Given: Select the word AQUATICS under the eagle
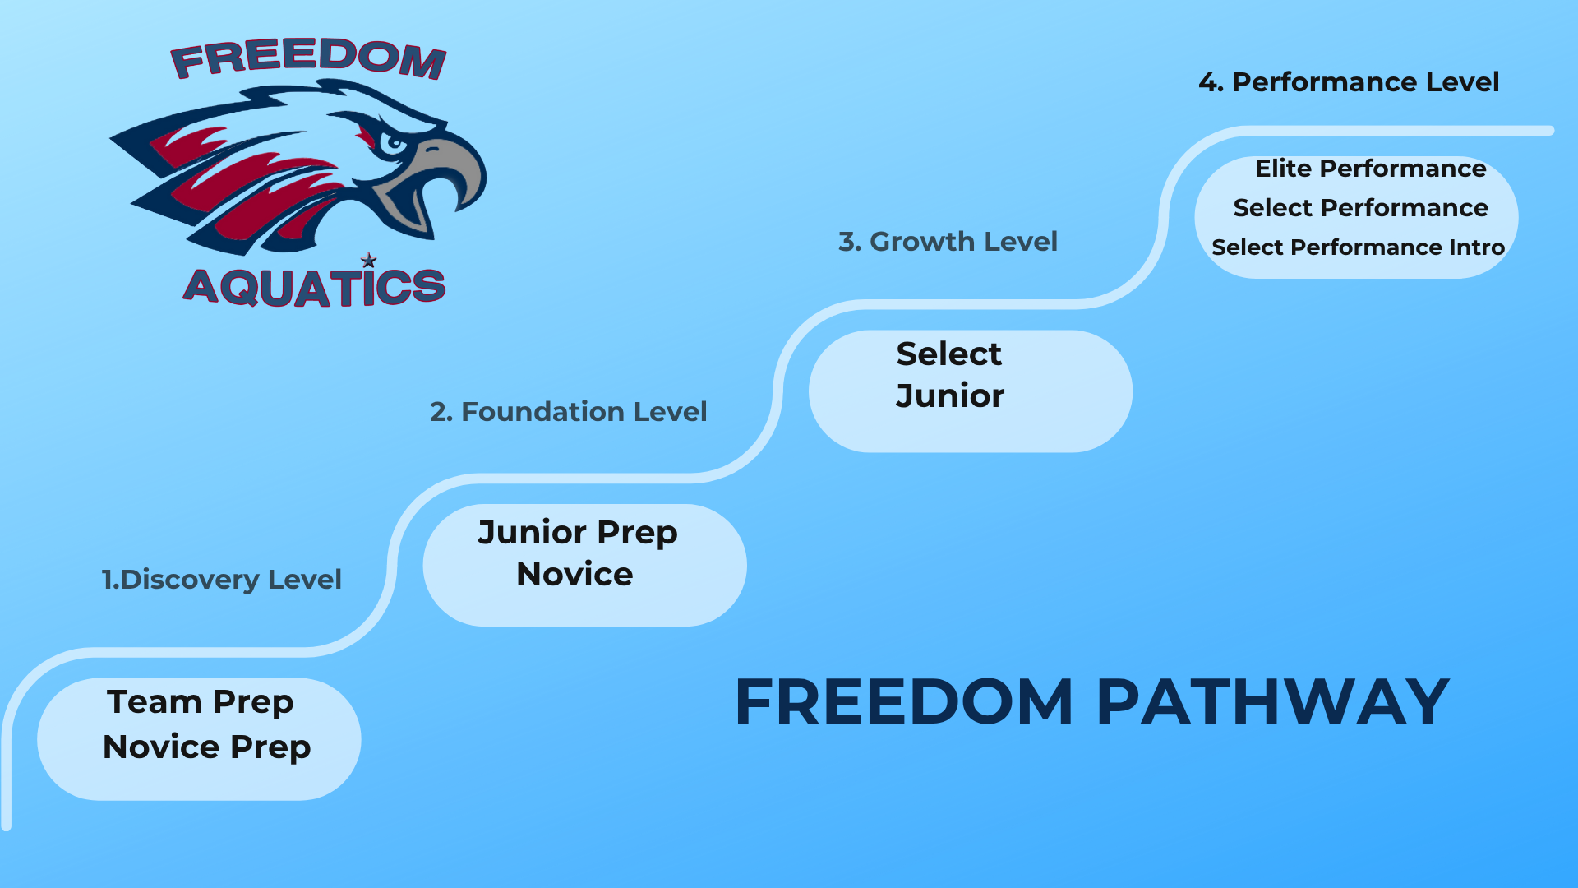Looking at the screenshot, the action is pyautogui.click(x=314, y=287).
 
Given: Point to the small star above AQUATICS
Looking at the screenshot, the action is pyautogui.click(x=368, y=261).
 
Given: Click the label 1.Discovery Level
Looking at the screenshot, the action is pyautogui.click(x=221, y=580).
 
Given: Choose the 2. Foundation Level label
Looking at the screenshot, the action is pyautogui.click(x=568, y=411).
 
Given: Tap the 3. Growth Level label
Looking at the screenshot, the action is pyautogui.click(x=948, y=242).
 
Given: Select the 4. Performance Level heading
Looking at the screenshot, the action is pyautogui.click(x=1349, y=82).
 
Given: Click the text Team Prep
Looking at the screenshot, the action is pyautogui.click(x=201, y=702).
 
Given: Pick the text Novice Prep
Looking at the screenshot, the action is pyautogui.click(x=207, y=747).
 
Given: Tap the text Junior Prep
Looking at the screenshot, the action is pyautogui.click(x=578, y=533).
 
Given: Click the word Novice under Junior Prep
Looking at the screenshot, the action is pyautogui.click(x=574, y=574).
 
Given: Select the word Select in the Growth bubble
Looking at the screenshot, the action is pyautogui.click(x=949, y=354).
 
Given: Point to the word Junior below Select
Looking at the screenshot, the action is pyautogui.click(x=950, y=395).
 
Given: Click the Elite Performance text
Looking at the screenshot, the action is pyautogui.click(x=1371, y=169).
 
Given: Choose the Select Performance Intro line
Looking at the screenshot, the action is pyautogui.click(x=1359, y=247).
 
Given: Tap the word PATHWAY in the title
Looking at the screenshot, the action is pyautogui.click(x=1273, y=701).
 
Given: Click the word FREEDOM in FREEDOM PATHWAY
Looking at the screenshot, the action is pyautogui.click(x=904, y=701).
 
